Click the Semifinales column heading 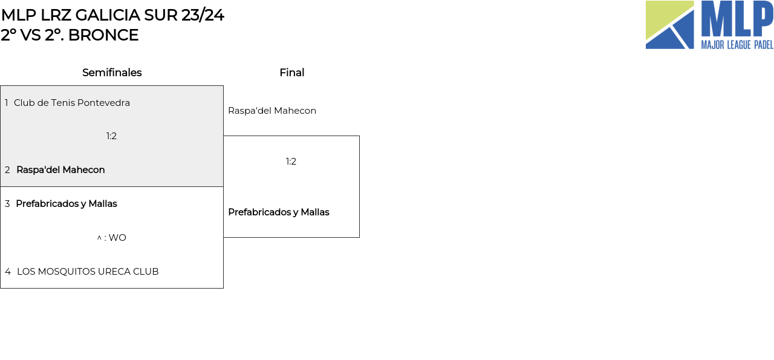point(112,73)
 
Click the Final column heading point(292,73)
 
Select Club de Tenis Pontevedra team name point(72,103)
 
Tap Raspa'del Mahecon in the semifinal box point(60,170)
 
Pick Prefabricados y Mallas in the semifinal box point(67,204)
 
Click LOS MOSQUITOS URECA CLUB point(88,272)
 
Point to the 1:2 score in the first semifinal point(111,136)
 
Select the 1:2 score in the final point(291,162)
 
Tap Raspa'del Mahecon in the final point(272,111)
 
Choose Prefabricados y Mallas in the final point(279,212)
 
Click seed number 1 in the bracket point(6,103)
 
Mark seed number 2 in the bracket point(7,170)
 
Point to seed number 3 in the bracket point(7,204)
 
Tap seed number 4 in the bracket point(8,272)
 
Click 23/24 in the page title point(203,15)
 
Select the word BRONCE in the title point(103,35)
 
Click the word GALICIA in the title point(108,15)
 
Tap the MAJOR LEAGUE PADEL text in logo point(737,45)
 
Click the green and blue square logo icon point(669,25)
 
